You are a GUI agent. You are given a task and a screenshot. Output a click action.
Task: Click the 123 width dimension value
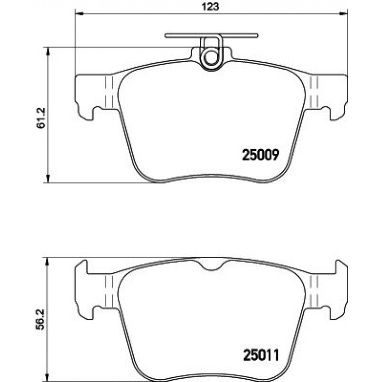(211, 7)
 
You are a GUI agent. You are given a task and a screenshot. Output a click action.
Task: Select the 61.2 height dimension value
(41, 118)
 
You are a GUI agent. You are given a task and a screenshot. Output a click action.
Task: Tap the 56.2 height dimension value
(40, 319)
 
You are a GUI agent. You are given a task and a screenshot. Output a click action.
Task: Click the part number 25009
(261, 155)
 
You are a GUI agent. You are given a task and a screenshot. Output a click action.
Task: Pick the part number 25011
(261, 356)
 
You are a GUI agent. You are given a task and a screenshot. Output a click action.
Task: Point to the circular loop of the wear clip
(210, 58)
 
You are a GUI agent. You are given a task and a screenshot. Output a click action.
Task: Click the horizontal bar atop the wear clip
(211, 36)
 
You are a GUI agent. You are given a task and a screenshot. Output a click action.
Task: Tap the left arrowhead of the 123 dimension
(79, 14)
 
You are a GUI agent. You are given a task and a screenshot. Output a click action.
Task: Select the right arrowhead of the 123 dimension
(343, 14)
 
